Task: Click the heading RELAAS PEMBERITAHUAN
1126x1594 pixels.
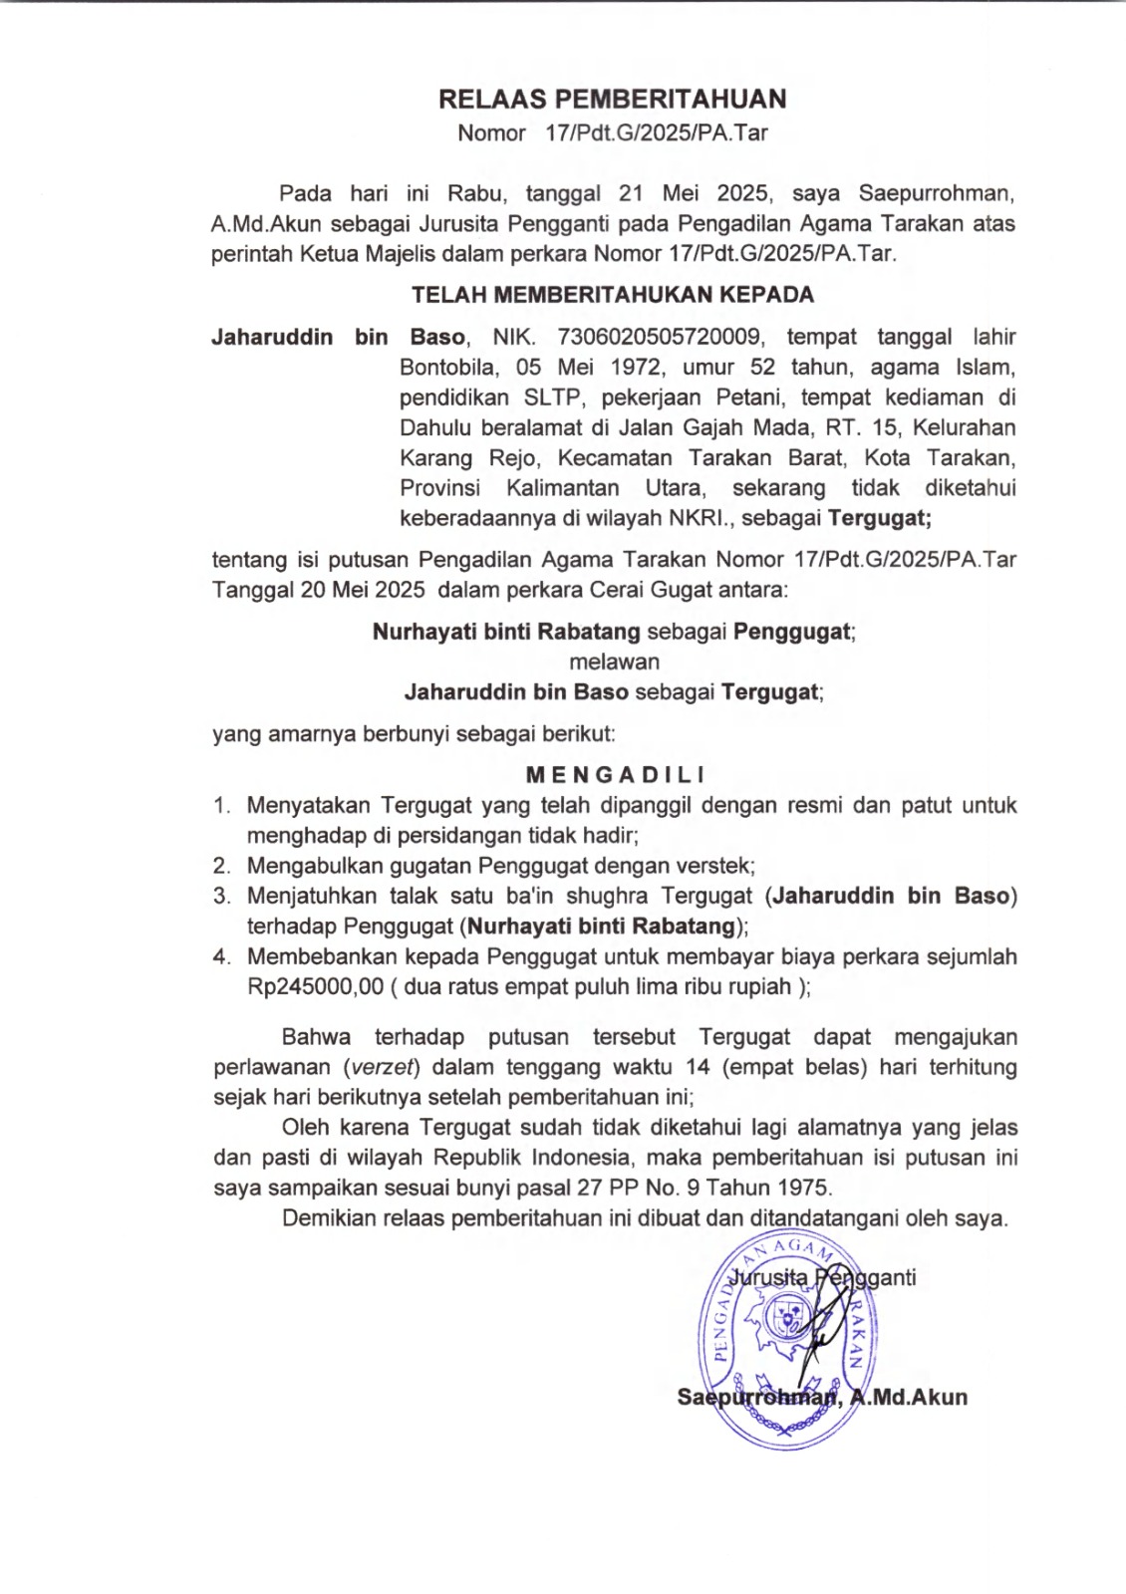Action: [612, 99]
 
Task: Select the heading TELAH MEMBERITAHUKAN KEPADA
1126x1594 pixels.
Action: [612, 295]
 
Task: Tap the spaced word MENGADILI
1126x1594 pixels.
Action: [615, 774]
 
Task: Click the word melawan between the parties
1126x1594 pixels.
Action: [614, 662]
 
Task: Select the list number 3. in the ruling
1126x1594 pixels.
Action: [221, 897]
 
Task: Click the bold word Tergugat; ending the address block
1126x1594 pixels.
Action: [880, 518]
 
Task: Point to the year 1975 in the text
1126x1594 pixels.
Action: [803, 1188]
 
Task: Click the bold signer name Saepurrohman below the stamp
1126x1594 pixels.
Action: [756, 1398]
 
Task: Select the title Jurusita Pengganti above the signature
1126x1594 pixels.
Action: [822, 1278]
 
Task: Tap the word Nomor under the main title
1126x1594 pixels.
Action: [491, 133]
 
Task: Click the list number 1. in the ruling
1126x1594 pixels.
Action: [221, 805]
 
